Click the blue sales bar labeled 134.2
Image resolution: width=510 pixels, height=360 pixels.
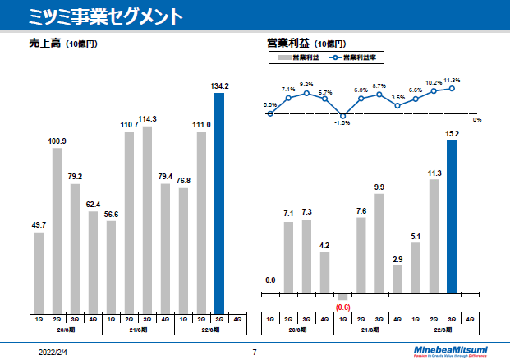click(219, 197)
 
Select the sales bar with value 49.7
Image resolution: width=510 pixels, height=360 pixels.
click(39, 267)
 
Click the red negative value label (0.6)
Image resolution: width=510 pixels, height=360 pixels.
click(343, 307)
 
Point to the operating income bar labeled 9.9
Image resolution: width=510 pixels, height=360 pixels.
click(379, 243)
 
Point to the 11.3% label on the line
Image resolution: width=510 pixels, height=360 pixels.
click(452, 81)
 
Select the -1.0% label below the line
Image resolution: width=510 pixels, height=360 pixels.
click(342, 123)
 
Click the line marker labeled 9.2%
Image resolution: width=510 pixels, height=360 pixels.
click(307, 93)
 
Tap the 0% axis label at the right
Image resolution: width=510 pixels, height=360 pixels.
click(477, 120)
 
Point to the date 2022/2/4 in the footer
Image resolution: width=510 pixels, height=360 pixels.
click(54, 352)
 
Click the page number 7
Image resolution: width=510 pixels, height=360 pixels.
click(255, 352)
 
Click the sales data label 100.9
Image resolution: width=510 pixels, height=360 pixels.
click(57, 141)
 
